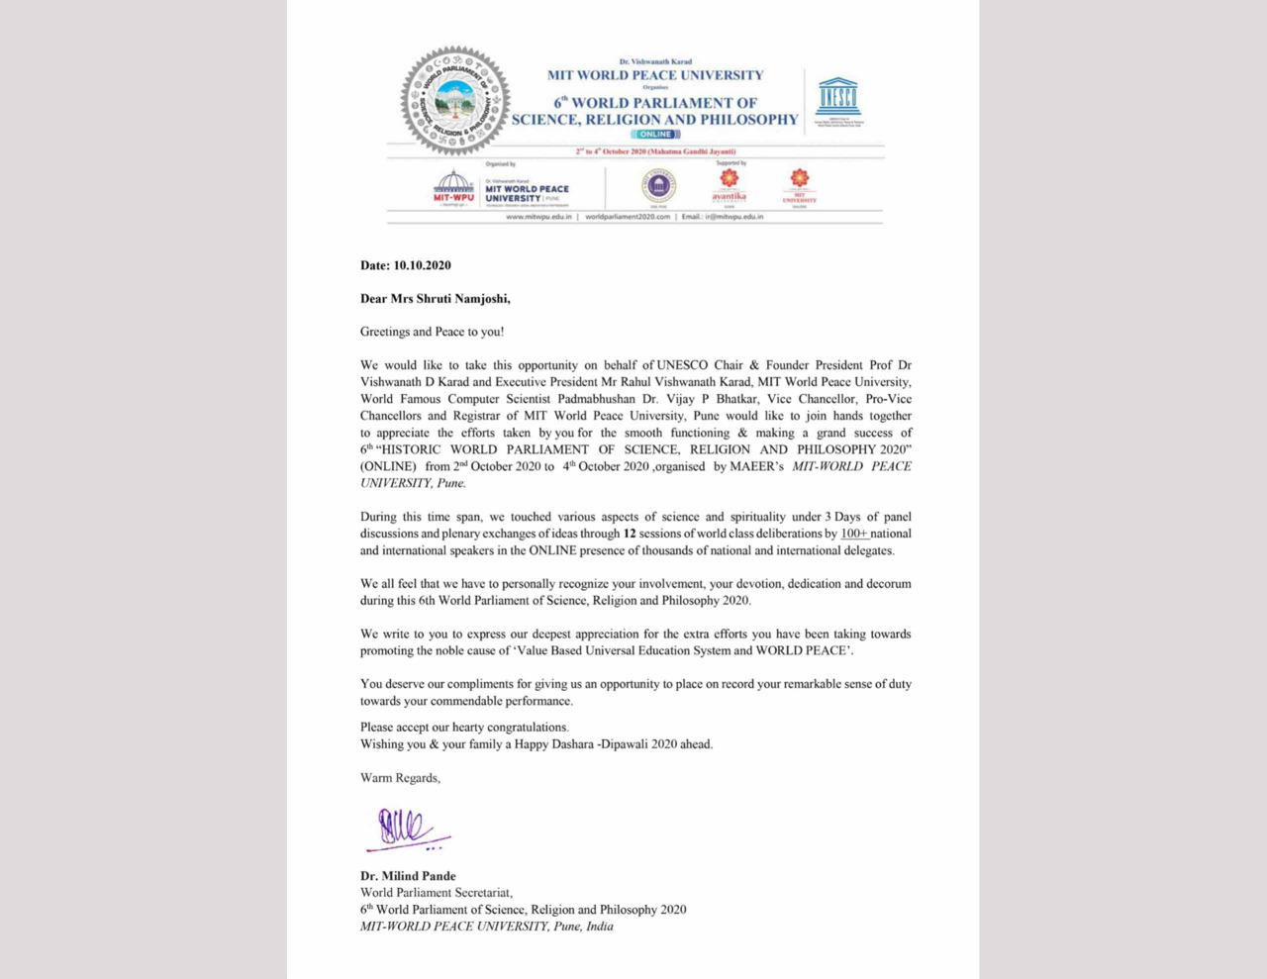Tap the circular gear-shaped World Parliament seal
tap(454, 101)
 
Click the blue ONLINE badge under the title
tap(655, 135)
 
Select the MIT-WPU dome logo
tap(453, 185)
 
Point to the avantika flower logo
tap(729, 183)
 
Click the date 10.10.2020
tap(422, 265)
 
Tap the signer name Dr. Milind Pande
tap(408, 876)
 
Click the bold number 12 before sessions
tap(630, 534)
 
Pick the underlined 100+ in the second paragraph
tap(853, 534)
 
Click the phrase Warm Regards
tap(400, 778)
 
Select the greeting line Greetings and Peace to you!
tap(432, 332)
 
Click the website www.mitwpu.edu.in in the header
tap(538, 217)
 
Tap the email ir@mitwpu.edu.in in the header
tap(733, 217)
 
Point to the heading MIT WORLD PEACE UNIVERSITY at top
tap(655, 75)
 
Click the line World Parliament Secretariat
tap(436, 893)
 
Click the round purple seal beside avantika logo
tap(657, 185)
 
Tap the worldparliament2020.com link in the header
tap(628, 217)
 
